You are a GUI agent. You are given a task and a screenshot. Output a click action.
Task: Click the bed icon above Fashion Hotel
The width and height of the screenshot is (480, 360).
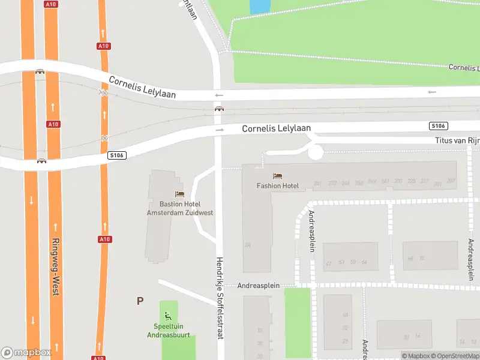tap(277, 176)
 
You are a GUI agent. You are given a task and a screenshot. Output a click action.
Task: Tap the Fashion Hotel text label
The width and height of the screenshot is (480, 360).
tap(278, 186)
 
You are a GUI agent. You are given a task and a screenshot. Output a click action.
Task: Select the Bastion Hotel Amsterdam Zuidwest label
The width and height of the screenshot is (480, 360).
tap(180, 208)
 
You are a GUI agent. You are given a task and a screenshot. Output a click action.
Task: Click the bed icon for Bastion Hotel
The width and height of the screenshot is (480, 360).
tap(179, 194)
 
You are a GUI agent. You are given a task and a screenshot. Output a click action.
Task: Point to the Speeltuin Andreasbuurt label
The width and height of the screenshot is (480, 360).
tap(169, 331)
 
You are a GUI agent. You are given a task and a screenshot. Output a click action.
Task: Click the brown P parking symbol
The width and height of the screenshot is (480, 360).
tap(140, 301)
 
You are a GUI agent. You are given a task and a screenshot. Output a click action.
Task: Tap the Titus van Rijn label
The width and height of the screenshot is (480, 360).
tap(457, 141)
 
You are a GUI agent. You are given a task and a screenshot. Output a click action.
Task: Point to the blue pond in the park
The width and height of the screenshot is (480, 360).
tap(259, 6)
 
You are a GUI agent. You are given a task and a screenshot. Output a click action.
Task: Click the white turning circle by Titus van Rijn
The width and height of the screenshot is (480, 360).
tap(315, 152)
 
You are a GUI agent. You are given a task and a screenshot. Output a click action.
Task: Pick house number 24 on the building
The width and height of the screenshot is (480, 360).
tap(247, 245)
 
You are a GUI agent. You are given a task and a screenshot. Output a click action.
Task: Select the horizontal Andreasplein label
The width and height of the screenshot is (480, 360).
tap(259, 286)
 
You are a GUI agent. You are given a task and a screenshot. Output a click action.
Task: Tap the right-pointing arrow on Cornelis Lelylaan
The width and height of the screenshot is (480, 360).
tap(220, 130)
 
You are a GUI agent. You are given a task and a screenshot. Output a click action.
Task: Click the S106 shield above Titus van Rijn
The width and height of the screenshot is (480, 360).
tap(438, 125)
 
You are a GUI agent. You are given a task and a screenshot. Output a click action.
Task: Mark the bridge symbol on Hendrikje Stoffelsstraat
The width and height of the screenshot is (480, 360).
tap(220, 109)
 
